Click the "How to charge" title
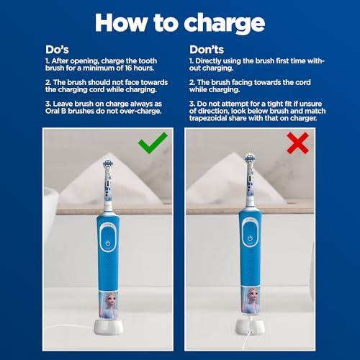pyautogui.click(x=180, y=22)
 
